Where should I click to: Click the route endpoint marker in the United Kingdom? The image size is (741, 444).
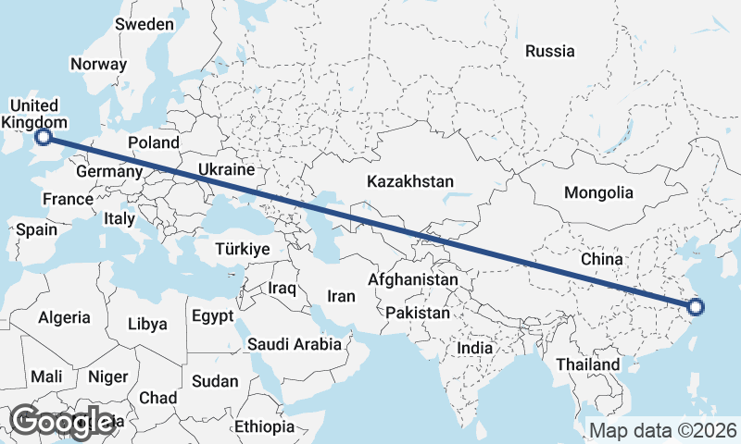pyautogui.click(x=43, y=139)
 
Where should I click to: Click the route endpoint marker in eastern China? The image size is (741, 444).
pyautogui.click(x=696, y=308)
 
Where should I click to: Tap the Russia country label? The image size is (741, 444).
pyautogui.click(x=549, y=51)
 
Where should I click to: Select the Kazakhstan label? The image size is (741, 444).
pyautogui.click(x=409, y=181)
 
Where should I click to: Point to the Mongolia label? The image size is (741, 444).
pyautogui.click(x=598, y=192)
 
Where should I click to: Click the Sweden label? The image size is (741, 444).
pyautogui.click(x=144, y=24)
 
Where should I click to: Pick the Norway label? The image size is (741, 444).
pyautogui.click(x=98, y=65)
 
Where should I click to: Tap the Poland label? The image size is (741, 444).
pyautogui.click(x=153, y=142)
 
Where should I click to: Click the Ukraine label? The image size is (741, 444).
pyautogui.click(x=225, y=170)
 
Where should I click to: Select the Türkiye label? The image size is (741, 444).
pyautogui.click(x=242, y=250)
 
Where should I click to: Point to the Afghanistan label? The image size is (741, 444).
pyautogui.click(x=413, y=279)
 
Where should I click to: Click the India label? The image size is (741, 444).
pyautogui.click(x=475, y=349)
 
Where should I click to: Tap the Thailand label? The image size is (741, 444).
pyautogui.click(x=588, y=364)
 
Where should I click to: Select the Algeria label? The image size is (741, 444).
pyautogui.click(x=64, y=317)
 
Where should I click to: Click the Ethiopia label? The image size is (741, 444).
pyautogui.click(x=264, y=426)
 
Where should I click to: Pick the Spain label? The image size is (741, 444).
pyautogui.click(x=36, y=229)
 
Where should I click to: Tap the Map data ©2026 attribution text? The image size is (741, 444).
pyautogui.click(x=662, y=430)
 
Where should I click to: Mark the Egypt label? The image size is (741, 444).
pyautogui.click(x=213, y=316)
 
